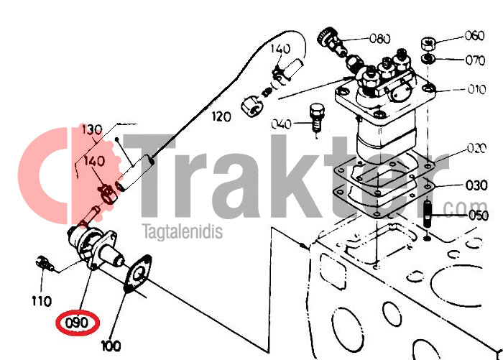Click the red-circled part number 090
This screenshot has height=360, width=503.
[77, 323]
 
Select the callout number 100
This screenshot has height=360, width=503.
[111, 346]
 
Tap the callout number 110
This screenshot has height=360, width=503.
[42, 301]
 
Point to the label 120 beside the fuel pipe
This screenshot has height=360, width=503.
[221, 116]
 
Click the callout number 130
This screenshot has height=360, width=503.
[92, 129]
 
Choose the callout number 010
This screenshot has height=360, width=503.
[476, 89]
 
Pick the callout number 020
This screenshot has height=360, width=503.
[477, 148]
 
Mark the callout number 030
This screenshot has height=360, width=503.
[476, 185]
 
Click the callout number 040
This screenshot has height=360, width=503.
[282, 124]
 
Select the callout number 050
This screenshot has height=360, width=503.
[479, 215]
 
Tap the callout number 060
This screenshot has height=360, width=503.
[475, 35]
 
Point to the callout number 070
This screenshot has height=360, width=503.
[476, 60]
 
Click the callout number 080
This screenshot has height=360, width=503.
[380, 39]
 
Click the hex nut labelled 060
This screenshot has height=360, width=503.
[428, 44]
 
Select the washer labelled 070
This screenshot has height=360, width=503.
[428, 59]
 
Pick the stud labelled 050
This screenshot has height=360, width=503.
[428, 213]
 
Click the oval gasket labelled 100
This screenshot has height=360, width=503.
[138, 273]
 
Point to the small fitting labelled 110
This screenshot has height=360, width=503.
[45, 264]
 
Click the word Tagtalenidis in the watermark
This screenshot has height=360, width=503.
[183, 231]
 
